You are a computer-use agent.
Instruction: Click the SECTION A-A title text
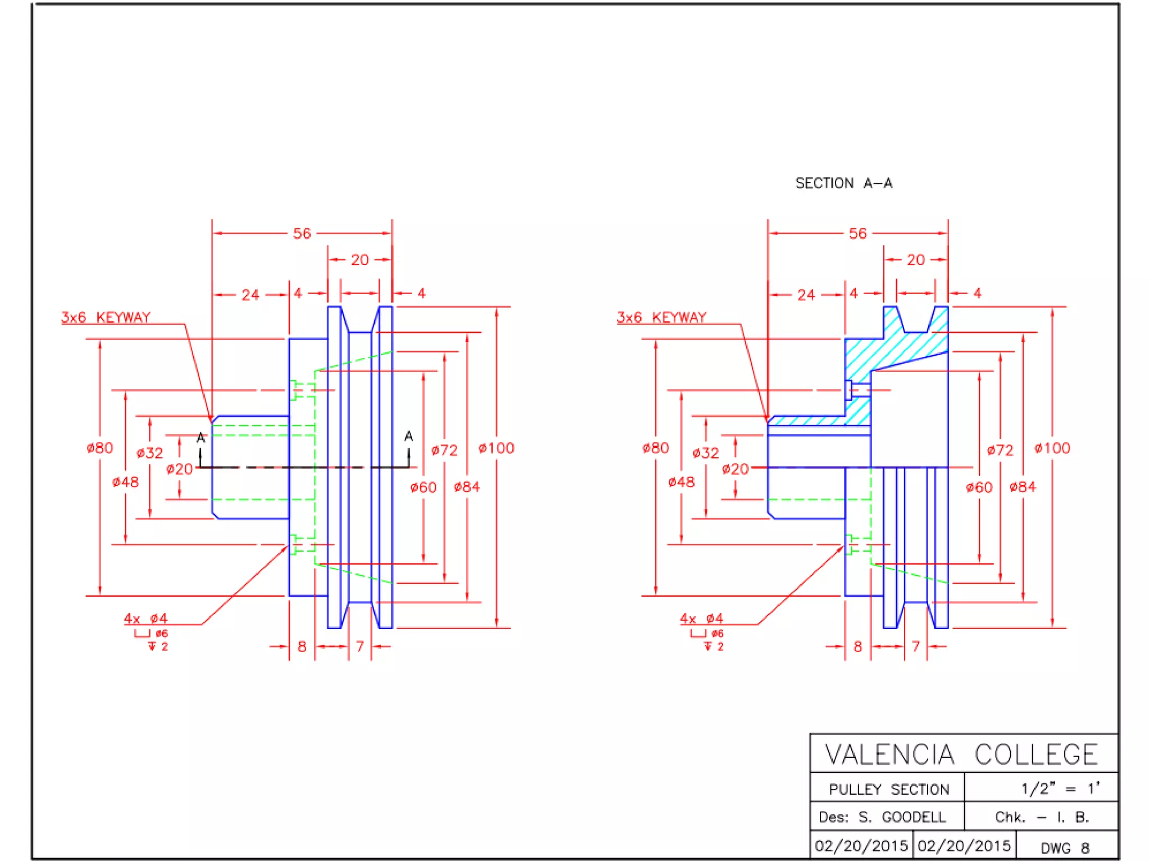(x=843, y=184)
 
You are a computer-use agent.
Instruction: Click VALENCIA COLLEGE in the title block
(x=961, y=755)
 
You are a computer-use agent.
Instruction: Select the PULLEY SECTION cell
(x=888, y=790)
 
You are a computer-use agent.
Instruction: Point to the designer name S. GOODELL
(x=902, y=817)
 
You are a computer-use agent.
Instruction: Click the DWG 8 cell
(x=1065, y=848)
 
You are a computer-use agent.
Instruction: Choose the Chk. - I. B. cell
(x=1042, y=817)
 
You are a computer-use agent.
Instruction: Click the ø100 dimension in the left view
(x=496, y=448)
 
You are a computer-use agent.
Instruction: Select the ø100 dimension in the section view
(x=1052, y=448)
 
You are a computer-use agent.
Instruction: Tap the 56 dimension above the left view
(x=302, y=233)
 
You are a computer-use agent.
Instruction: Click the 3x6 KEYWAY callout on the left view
(x=106, y=318)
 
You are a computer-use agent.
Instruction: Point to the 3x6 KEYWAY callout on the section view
(x=661, y=318)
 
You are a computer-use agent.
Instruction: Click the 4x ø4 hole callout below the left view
(x=145, y=618)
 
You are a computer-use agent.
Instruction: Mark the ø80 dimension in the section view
(x=655, y=448)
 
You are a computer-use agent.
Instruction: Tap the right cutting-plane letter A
(x=409, y=436)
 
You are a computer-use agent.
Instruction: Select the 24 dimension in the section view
(x=806, y=295)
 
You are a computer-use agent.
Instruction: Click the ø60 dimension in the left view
(x=423, y=487)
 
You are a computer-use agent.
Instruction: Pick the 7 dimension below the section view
(x=915, y=647)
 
